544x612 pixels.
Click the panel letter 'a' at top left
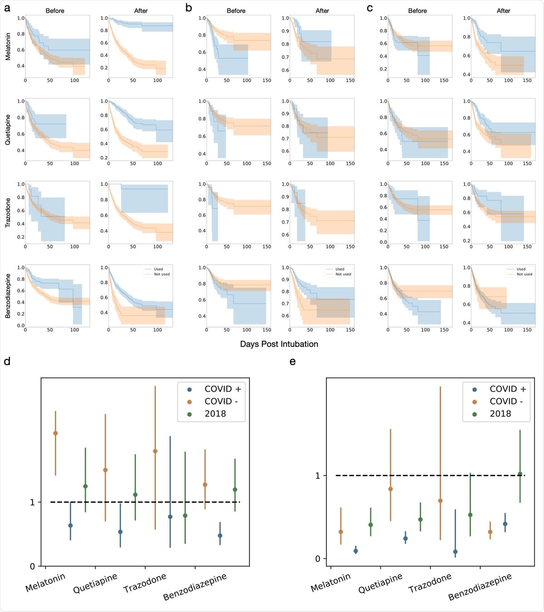(x=7, y=8)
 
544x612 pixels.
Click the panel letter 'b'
(x=189, y=8)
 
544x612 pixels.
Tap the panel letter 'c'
(x=370, y=8)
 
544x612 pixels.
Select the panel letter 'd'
(x=7, y=361)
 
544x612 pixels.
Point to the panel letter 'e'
(x=292, y=361)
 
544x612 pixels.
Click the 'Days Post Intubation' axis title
(x=279, y=344)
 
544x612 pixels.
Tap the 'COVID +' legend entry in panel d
(x=223, y=389)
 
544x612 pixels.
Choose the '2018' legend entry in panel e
(x=500, y=414)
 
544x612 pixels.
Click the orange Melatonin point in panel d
(x=55, y=433)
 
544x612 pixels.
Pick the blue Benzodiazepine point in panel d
(x=220, y=535)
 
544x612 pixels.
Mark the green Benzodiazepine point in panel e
(x=520, y=474)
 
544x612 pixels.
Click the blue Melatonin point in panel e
(x=356, y=551)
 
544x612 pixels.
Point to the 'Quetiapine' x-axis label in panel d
(x=95, y=583)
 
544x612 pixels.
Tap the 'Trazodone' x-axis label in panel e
(x=430, y=583)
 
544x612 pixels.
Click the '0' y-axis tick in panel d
(x=32, y=566)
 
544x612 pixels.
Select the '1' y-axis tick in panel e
(x=318, y=476)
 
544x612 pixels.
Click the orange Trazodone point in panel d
(x=155, y=451)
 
